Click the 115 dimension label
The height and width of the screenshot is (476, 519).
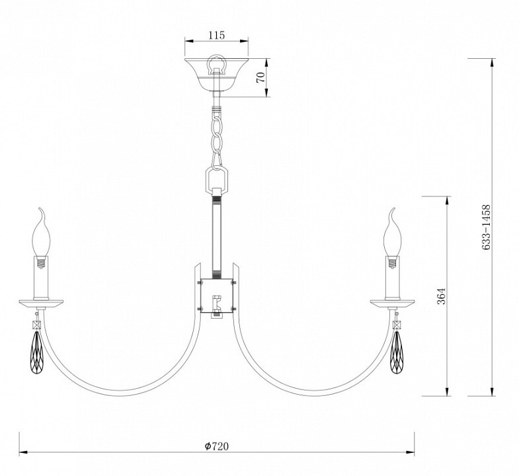pyautogui.click(x=216, y=35)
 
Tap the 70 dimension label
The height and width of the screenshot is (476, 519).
pyautogui.click(x=261, y=77)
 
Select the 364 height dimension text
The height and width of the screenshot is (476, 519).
pyautogui.click(x=442, y=296)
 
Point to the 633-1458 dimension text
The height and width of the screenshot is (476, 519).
pyautogui.click(x=486, y=227)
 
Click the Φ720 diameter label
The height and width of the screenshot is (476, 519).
pyautogui.click(x=216, y=446)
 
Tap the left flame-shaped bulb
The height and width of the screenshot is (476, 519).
pyautogui.click(x=41, y=234)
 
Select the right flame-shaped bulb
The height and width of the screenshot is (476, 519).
pyautogui.click(x=392, y=234)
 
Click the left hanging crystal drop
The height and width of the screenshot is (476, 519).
pyautogui.click(x=36, y=352)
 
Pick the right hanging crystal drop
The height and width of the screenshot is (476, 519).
pyautogui.click(x=396, y=352)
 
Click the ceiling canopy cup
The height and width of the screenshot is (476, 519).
pyautogui.click(x=216, y=75)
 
